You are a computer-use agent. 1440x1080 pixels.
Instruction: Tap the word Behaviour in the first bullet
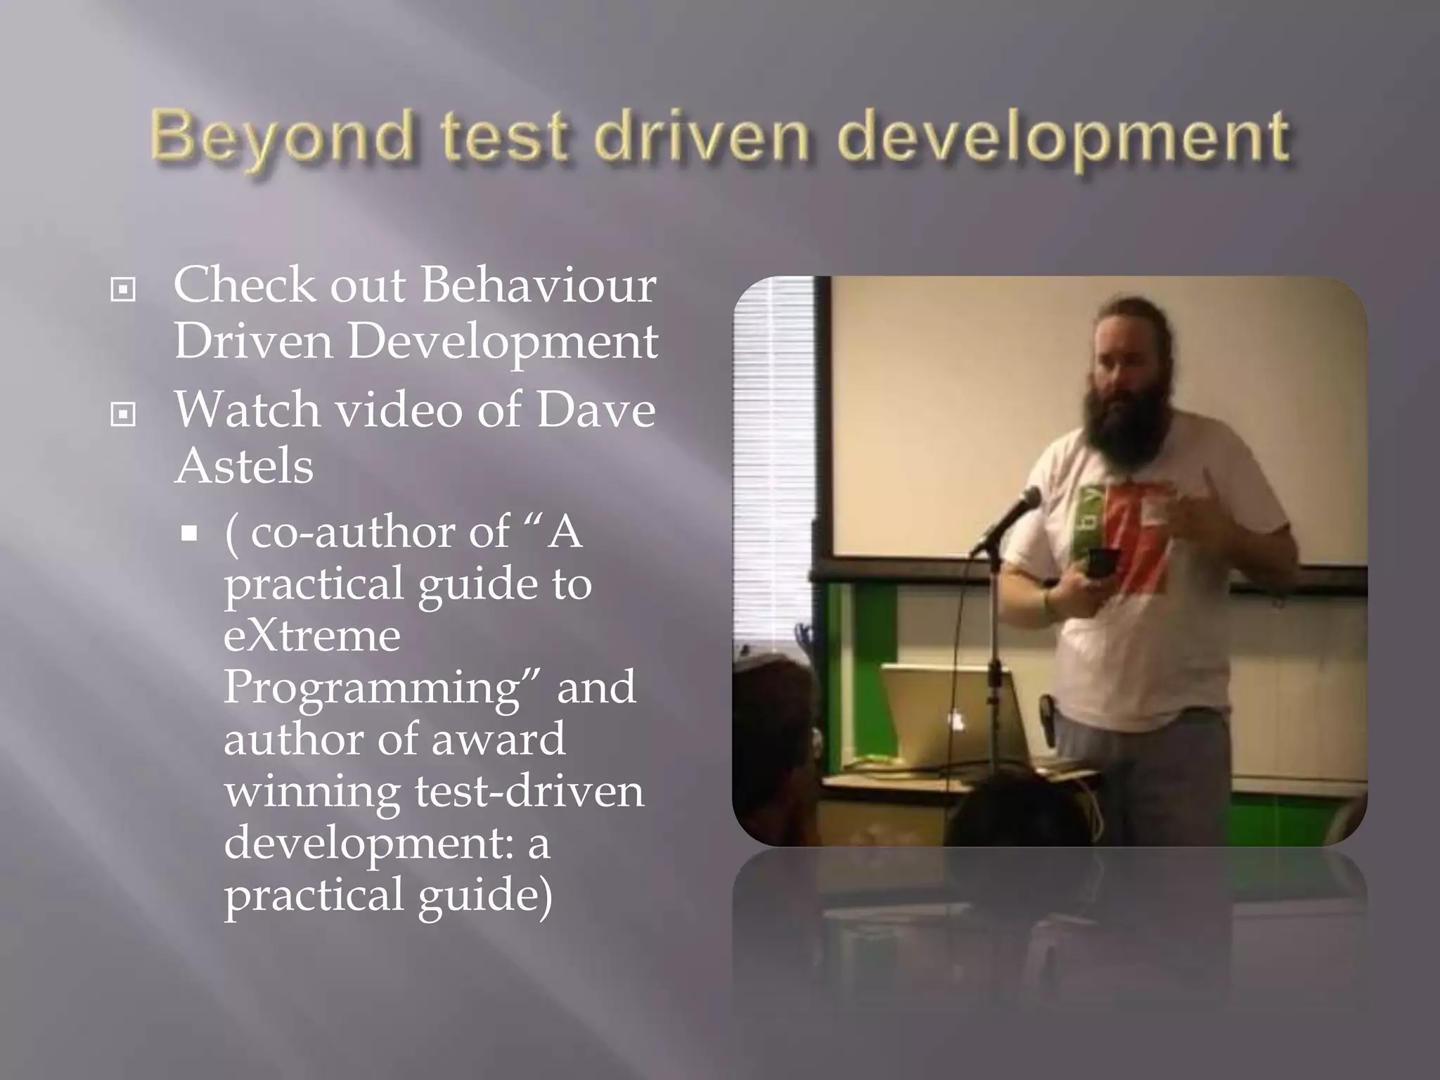[538, 285]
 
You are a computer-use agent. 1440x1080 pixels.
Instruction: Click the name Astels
[243, 466]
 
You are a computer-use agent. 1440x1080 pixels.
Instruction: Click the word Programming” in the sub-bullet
[382, 688]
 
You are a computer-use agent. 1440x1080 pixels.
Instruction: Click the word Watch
[247, 410]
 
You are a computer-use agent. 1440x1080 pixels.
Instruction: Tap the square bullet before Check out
[123, 289]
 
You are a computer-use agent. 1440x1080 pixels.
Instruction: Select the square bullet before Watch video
[123, 414]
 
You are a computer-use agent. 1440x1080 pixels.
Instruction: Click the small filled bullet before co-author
[188, 534]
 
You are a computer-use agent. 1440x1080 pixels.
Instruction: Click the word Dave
[596, 410]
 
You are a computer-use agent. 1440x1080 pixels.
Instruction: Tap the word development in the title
[1062, 137]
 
